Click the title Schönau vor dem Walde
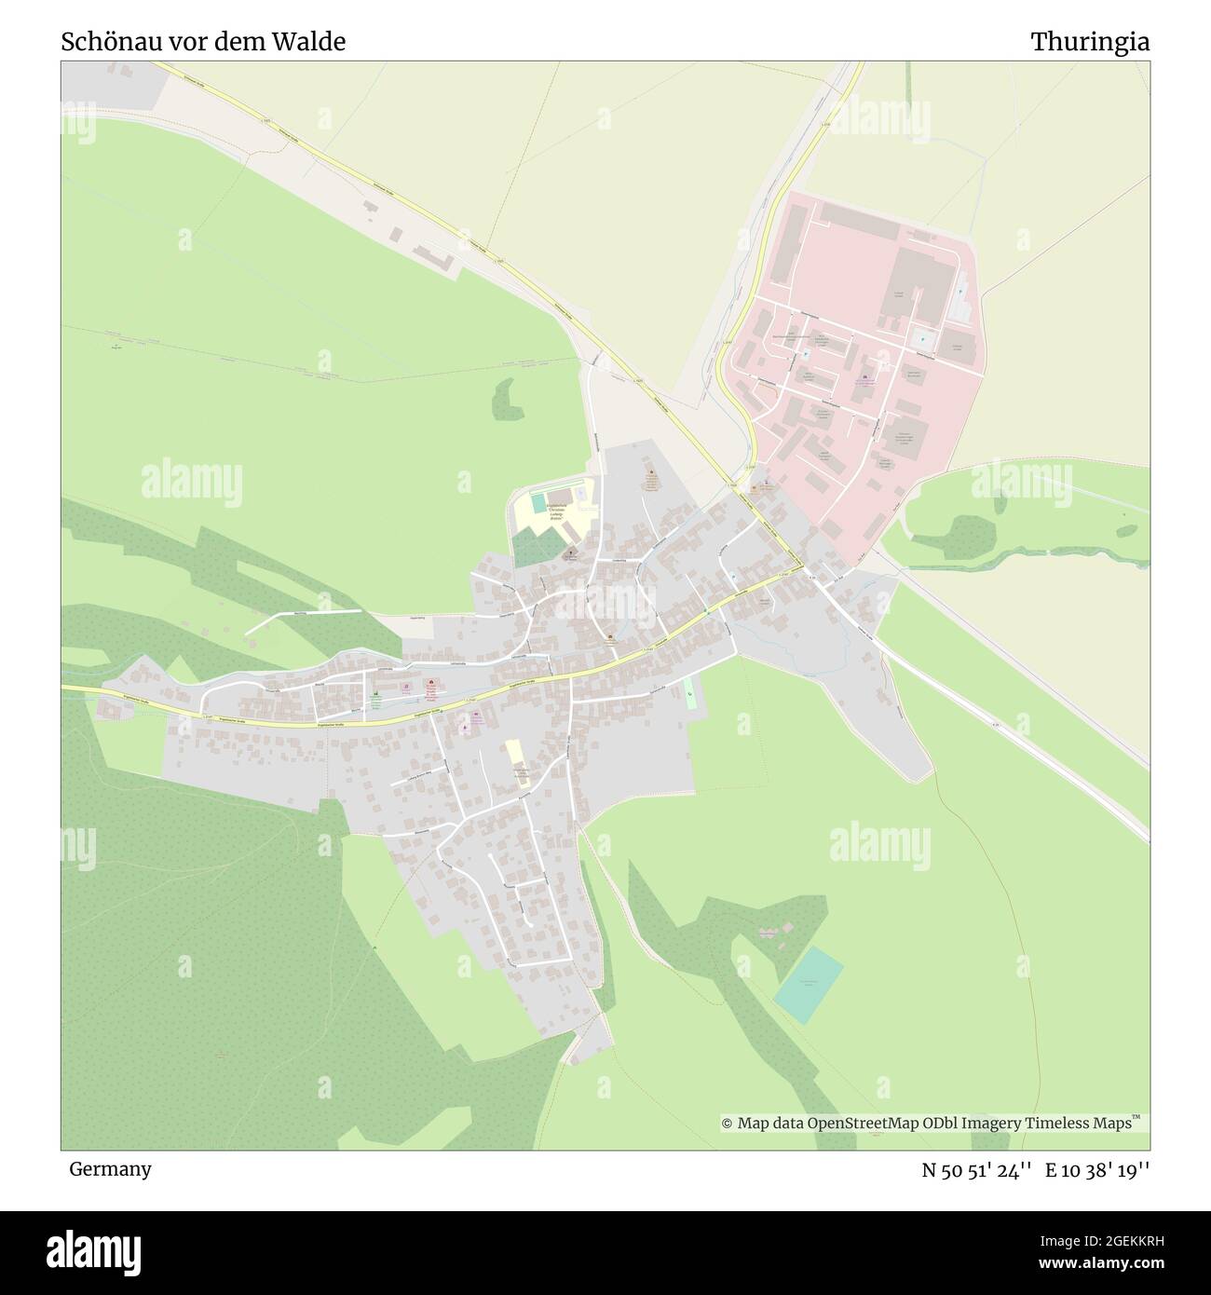point(203,42)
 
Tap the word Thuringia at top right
point(1089,42)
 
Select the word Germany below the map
point(110,1168)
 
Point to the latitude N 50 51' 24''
point(977,1170)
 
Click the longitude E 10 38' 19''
point(1097,1170)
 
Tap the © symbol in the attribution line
point(728,1124)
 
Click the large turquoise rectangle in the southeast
point(809,984)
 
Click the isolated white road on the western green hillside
point(298,619)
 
